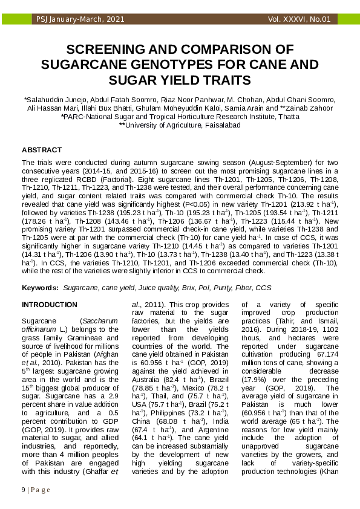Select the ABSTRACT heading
42,149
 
